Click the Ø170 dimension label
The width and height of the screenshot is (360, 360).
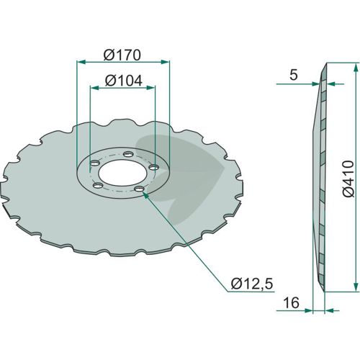[x=122, y=55]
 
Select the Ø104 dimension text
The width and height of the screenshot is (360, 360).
[x=124, y=81]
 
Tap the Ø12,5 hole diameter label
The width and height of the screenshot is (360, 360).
[x=252, y=284]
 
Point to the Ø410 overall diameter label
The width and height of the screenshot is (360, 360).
[x=348, y=179]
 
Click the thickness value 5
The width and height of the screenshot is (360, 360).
[x=294, y=75]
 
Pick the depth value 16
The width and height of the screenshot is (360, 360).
[x=292, y=302]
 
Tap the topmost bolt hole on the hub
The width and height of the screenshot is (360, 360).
[x=128, y=154]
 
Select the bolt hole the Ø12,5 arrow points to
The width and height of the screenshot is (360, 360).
[x=139, y=189]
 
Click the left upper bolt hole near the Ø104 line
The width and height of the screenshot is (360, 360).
[x=95, y=163]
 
